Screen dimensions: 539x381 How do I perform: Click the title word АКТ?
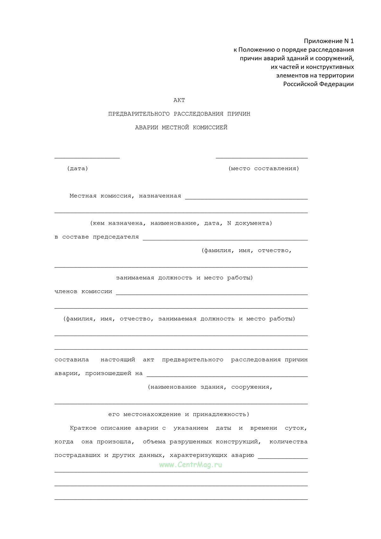click(179, 100)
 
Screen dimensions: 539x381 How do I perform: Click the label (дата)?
click(77, 169)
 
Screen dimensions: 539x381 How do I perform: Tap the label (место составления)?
click(264, 169)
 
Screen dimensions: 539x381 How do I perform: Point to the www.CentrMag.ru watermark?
click(190, 465)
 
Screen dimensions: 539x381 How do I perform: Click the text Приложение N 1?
click(329, 41)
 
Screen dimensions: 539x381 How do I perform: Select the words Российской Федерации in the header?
click(318, 84)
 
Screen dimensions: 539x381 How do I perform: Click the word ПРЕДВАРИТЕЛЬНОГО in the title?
click(139, 114)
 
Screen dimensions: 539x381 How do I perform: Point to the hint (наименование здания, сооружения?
click(210, 387)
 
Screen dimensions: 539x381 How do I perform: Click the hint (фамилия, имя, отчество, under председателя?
click(246, 251)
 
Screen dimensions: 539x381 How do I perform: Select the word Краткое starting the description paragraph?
click(83, 428)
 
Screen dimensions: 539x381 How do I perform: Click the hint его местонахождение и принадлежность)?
click(179, 414)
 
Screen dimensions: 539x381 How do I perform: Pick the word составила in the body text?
click(72, 360)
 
